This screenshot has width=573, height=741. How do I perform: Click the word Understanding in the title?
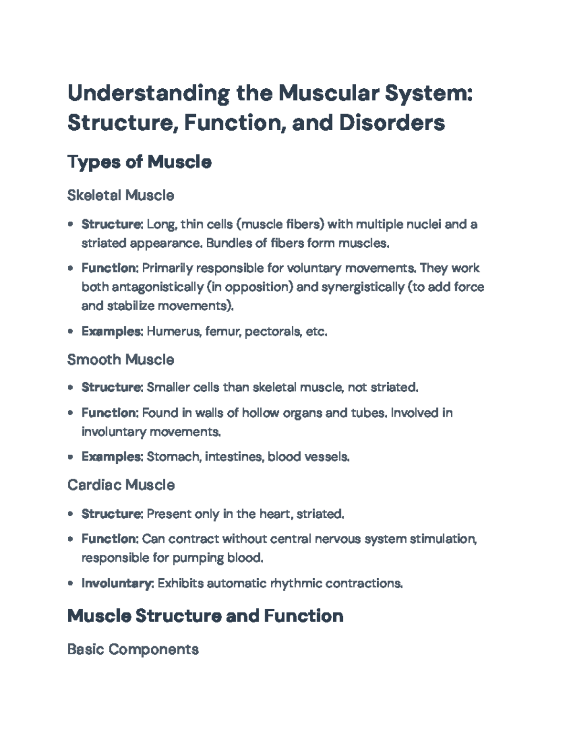pyautogui.click(x=148, y=94)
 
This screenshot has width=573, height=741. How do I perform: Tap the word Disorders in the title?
pyautogui.click(x=392, y=123)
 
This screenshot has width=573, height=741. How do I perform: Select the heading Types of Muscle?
pyautogui.click(x=139, y=162)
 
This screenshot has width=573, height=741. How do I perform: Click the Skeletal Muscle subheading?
pyautogui.click(x=121, y=195)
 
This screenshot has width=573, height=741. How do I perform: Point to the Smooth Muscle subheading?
pyautogui.click(x=121, y=359)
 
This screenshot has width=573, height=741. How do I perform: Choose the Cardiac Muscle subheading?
pyautogui.click(x=121, y=485)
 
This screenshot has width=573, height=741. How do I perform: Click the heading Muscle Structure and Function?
pyautogui.click(x=205, y=616)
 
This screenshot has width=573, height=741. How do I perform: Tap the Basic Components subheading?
pyautogui.click(x=133, y=649)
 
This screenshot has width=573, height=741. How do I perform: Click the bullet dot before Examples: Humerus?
pyautogui.click(x=71, y=331)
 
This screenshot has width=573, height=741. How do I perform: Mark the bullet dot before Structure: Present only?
pyautogui.click(x=71, y=514)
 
